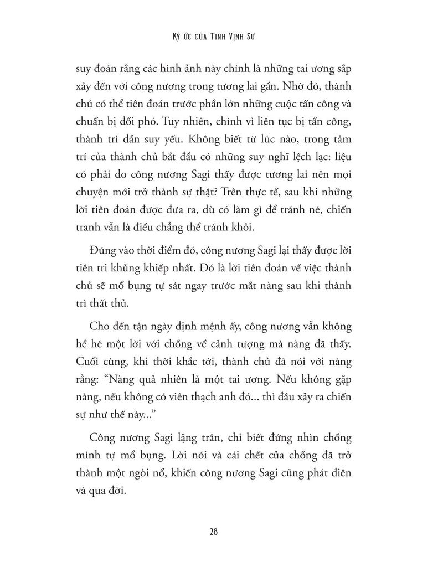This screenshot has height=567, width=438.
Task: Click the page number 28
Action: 213,532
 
